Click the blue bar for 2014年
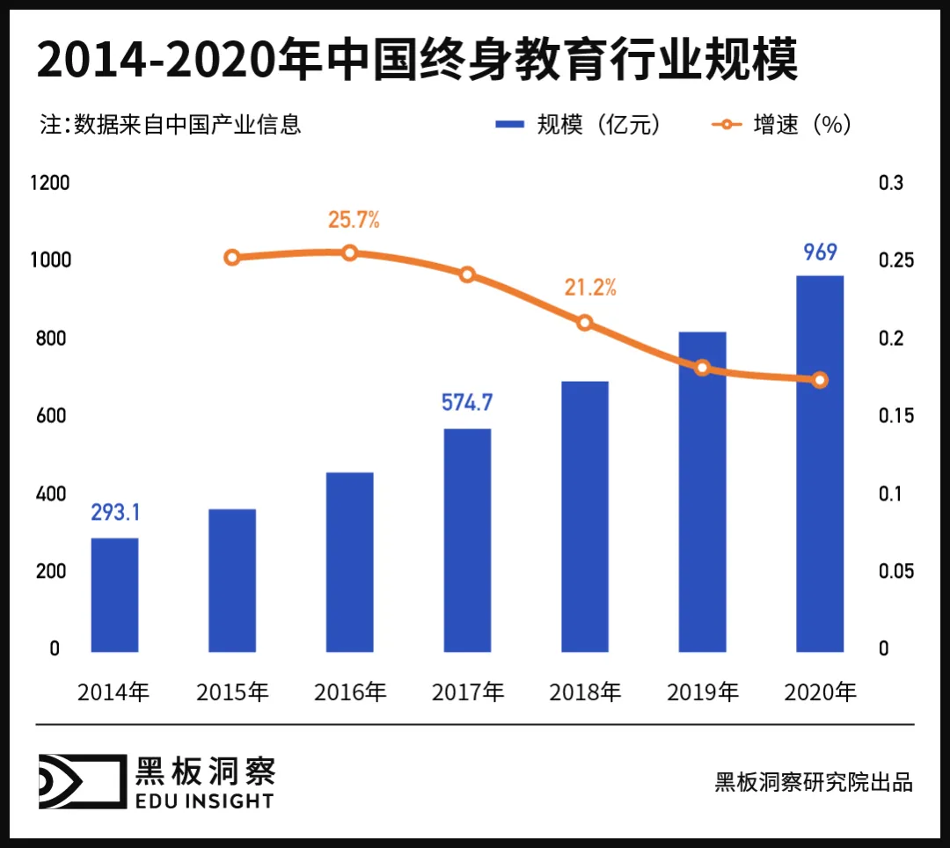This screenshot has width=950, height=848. click(x=114, y=595)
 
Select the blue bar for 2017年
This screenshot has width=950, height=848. click(x=467, y=540)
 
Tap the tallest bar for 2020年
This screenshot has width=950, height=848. click(x=820, y=464)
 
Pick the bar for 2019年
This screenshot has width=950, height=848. click(x=702, y=492)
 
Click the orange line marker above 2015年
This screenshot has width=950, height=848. click(x=232, y=258)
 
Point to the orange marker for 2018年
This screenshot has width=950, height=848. click(x=585, y=323)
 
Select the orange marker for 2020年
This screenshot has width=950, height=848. click(x=820, y=380)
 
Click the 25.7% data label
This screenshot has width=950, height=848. click(x=354, y=220)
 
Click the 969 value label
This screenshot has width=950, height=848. click(x=820, y=252)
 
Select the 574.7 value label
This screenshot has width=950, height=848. click(x=466, y=403)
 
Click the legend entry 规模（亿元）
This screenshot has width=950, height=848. click(x=579, y=125)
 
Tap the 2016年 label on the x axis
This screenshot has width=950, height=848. click(x=350, y=692)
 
